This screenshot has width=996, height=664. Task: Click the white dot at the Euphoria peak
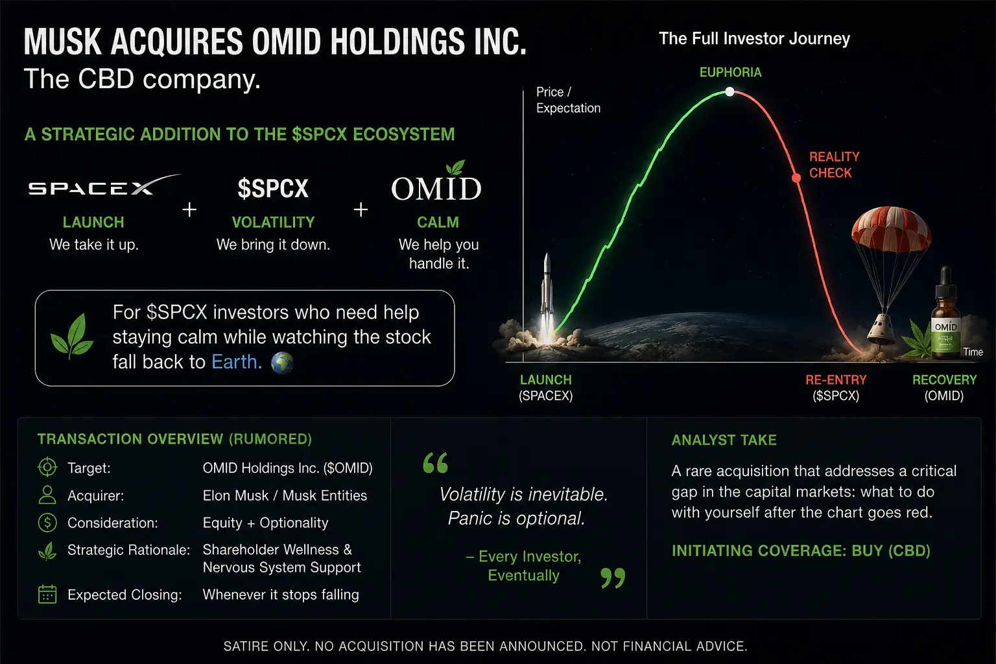tap(729, 91)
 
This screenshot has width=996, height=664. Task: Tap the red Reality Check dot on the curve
tap(796, 178)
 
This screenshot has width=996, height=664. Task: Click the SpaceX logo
tap(105, 186)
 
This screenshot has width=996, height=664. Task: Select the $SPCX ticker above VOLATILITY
tap(273, 188)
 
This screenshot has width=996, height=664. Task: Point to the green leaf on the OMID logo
tap(455, 167)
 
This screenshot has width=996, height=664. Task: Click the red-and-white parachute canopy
tap(891, 228)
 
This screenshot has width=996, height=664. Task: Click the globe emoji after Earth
tap(282, 362)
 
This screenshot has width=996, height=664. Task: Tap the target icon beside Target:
tap(47, 467)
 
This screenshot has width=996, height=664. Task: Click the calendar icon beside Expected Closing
tap(47, 594)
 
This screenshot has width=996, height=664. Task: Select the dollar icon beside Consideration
tap(47, 523)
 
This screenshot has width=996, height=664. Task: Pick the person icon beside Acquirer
tap(47, 495)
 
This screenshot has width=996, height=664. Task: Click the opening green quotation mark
tap(436, 462)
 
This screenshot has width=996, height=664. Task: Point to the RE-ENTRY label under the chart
tap(836, 380)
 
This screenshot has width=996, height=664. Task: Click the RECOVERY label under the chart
tap(944, 380)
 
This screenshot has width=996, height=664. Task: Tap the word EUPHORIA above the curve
tap(730, 72)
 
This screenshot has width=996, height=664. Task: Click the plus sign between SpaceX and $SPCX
tap(189, 209)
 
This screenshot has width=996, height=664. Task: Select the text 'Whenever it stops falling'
tap(281, 595)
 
